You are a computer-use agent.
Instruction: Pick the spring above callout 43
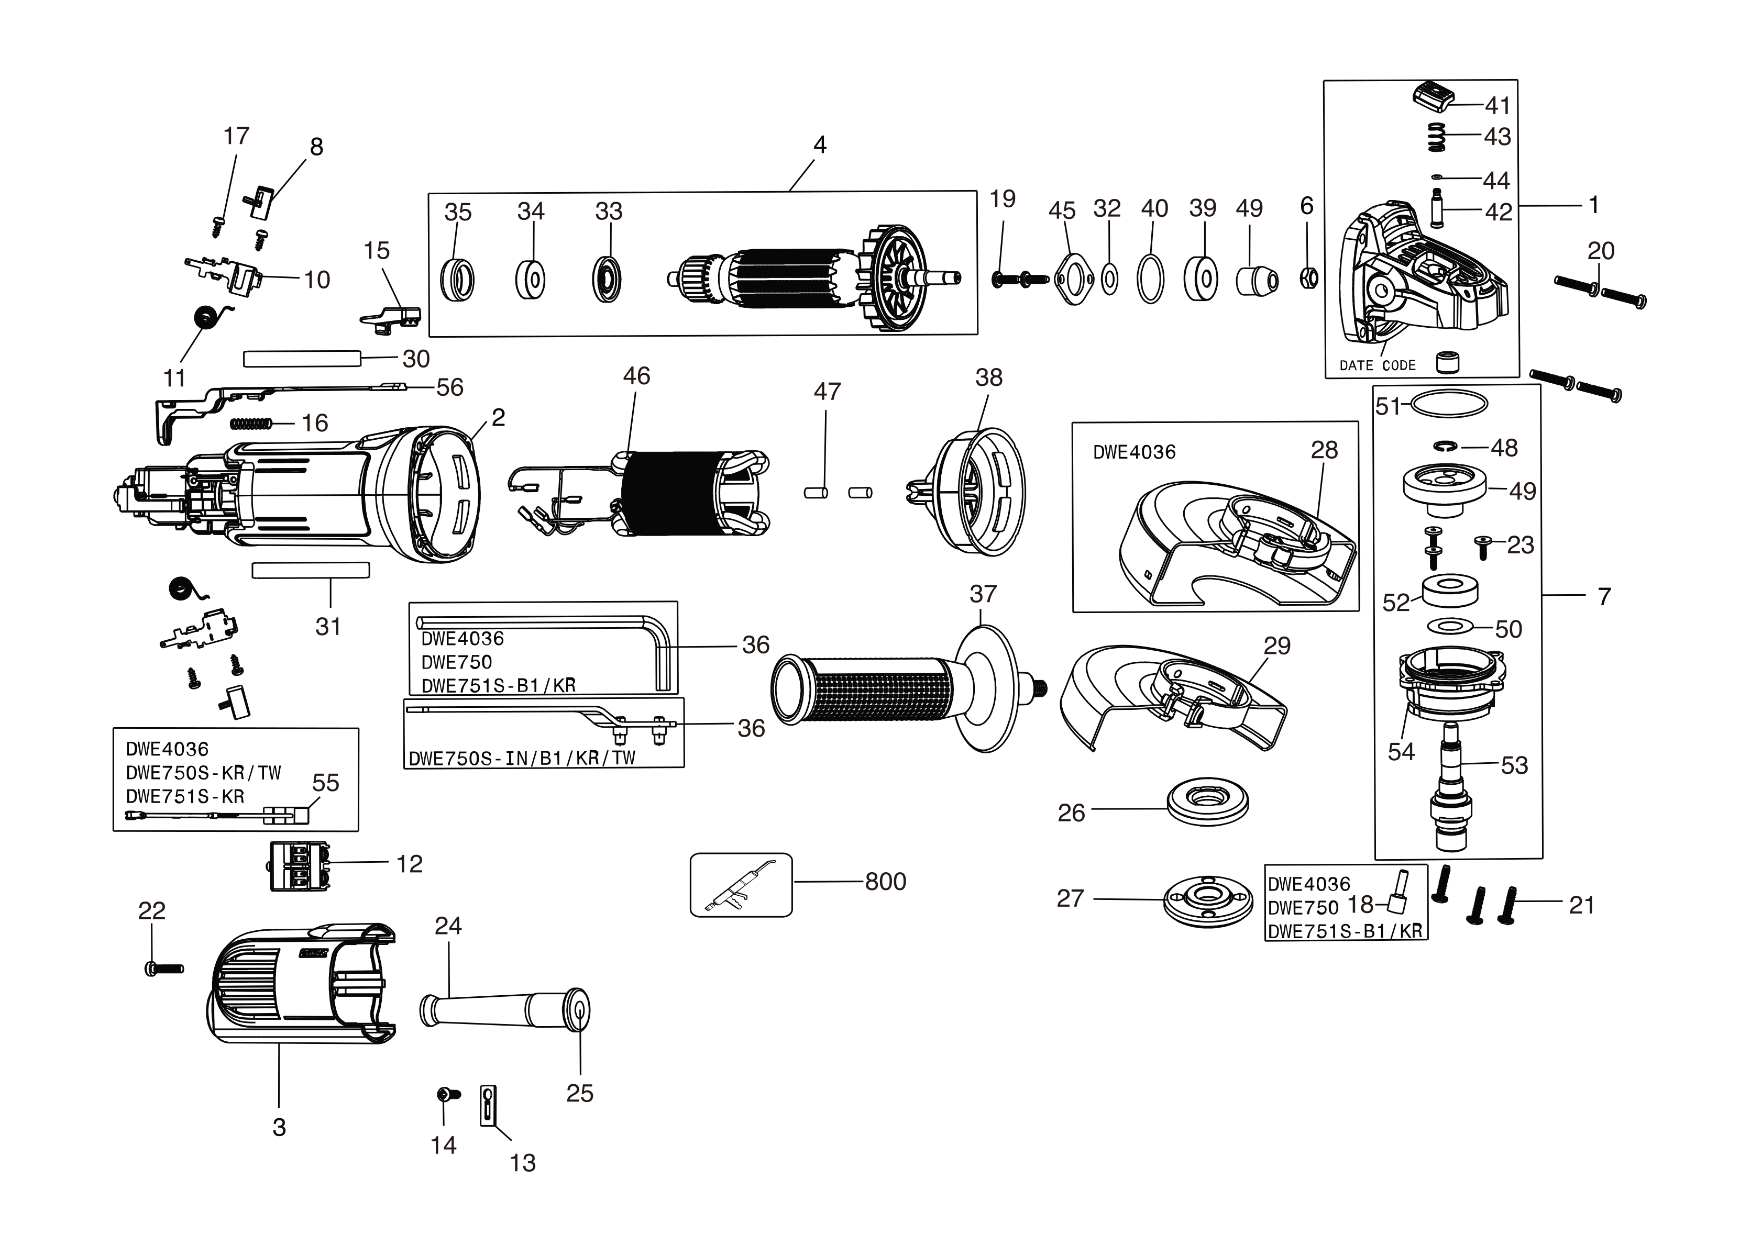click(x=1436, y=138)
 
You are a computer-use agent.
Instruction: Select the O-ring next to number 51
click(x=1448, y=404)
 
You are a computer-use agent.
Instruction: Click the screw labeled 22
click(x=163, y=969)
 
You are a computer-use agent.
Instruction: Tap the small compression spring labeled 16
click(x=250, y=423)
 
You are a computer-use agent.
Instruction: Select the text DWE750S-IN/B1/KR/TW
click(x=522, y=758)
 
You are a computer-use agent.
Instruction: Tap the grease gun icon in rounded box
click(x=741, y=885)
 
